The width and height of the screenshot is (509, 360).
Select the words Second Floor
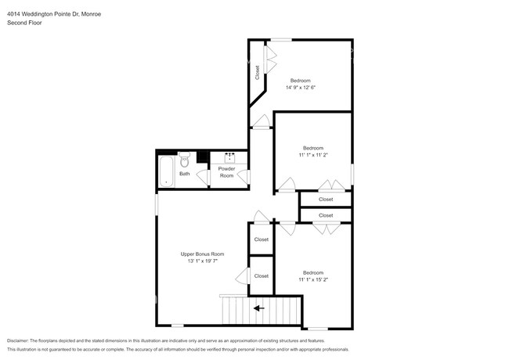click(x=25, y=23)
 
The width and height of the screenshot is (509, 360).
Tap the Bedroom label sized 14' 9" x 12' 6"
click(x=301, y=81)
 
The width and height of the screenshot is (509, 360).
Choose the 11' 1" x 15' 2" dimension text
click(x=313, y=279)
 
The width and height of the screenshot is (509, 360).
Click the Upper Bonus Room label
click(x=202, y=254)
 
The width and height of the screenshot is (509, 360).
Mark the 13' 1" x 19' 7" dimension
click(x=202, y=261)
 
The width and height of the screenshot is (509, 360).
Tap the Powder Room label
click(x=226, y=172)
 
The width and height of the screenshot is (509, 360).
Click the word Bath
click(x=184, y=174)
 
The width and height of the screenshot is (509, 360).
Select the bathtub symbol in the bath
click(x=167, y=171)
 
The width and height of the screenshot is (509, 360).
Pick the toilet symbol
click(x=184, y=160)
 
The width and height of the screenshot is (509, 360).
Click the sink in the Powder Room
click(x=229, y=156)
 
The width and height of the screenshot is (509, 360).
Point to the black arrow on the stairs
click(x=258, y=308)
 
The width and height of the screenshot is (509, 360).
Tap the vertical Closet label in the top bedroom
click(x=257, y=73)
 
